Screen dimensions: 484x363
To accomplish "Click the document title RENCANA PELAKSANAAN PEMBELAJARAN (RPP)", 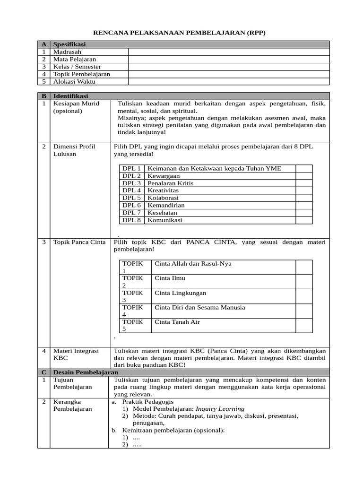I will pos(180,33).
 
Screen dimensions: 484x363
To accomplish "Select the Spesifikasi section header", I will pos(69,44).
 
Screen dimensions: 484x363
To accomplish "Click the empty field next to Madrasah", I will pos(229,52).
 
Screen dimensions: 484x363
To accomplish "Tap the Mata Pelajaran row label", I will pos(74,59).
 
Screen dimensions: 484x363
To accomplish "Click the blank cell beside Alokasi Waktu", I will pos(229,81).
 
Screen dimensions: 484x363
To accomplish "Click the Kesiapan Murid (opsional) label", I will pos(76,107).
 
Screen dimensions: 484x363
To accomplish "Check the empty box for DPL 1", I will pos(304,168).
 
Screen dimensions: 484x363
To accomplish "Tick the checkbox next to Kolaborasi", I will pos(304,198).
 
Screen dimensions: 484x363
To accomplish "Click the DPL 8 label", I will pos(131,220).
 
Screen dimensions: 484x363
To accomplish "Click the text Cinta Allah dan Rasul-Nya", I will pos(193,263).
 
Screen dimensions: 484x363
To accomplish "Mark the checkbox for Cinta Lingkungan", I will pos(304,296).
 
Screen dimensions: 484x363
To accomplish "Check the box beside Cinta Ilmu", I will pos(304,282).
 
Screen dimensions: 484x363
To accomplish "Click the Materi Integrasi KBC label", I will pos(76,354).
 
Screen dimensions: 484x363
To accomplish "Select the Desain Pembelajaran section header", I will pos(85,372).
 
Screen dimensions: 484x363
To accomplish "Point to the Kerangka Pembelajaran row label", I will pos(73,405).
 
